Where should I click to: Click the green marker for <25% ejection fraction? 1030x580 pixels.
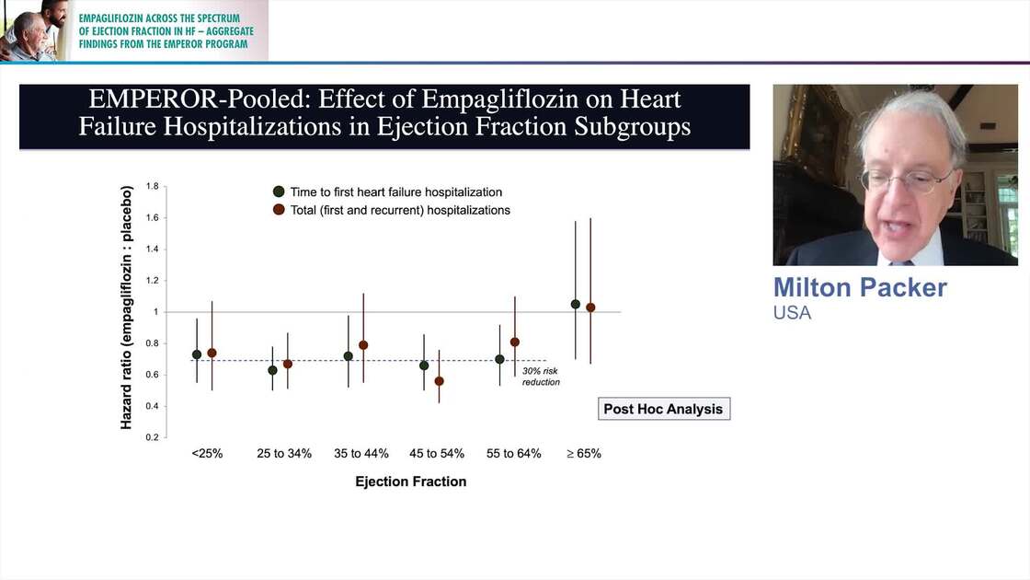(197, 354)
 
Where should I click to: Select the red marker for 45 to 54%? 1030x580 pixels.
(439, 381)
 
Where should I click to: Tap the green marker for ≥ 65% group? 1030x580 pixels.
(576, 304)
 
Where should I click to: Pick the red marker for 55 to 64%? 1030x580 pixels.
(515, 342)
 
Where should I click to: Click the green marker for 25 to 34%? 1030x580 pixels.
(272, 370)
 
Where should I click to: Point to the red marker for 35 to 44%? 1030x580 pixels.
(363, 345)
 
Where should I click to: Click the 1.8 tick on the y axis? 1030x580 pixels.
(152, 187)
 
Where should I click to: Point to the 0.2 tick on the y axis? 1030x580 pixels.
(152, 437)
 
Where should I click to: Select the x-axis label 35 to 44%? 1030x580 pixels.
(361, 454)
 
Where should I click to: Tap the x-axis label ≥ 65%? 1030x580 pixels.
(583, 454)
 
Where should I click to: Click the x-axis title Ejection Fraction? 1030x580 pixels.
(411, 481)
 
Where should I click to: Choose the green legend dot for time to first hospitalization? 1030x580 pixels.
(278, 192)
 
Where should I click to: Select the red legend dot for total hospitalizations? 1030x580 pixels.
(278, 210)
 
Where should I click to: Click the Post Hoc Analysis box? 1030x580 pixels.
(663, 409)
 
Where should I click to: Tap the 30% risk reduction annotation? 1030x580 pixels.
(541, 377)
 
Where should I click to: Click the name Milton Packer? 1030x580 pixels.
(860, 287)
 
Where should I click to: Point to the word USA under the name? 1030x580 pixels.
(792, 313)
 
